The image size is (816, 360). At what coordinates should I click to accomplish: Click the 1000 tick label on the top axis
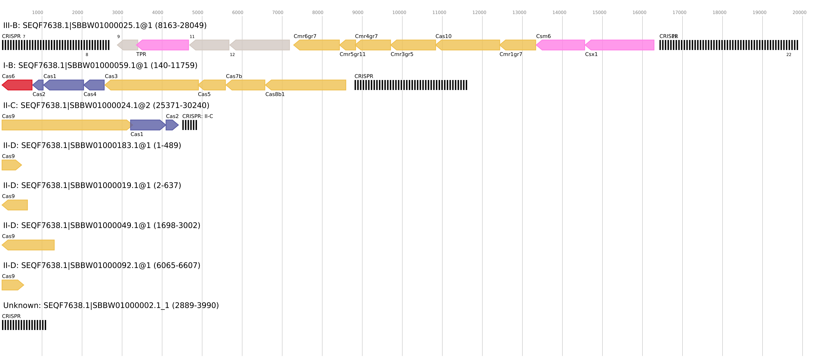37,12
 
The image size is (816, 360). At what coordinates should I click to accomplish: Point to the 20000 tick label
799,12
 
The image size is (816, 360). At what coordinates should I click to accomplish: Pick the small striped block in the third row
189,125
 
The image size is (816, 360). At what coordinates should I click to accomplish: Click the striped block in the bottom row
24,325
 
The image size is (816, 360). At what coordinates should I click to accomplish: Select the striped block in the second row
411,85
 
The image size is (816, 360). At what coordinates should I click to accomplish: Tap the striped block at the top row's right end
729,45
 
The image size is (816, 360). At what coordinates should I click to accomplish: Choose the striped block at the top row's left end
56,45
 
